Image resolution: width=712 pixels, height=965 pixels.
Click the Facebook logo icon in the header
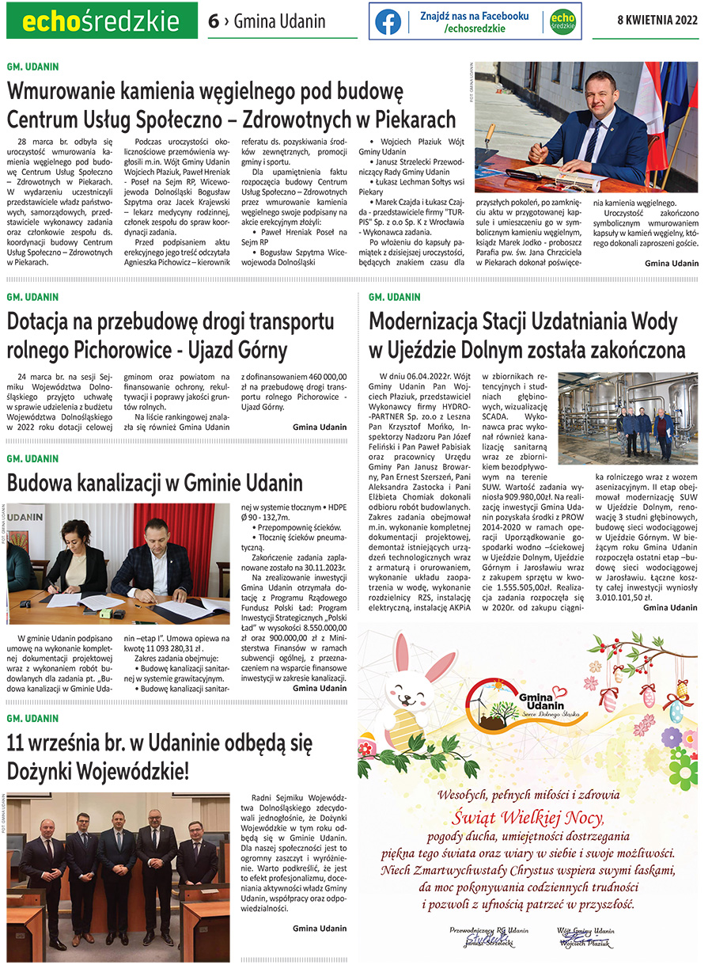click(x=388, y=21)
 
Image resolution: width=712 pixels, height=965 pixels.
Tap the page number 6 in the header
click(x=213, y=21)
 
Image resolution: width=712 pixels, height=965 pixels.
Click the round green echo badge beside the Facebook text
click(x=562, y=21)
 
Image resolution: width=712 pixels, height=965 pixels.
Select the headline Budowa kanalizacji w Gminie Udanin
click(x=154, y=482)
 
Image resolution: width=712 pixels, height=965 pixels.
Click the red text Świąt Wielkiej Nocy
click(x=528, y=818)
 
